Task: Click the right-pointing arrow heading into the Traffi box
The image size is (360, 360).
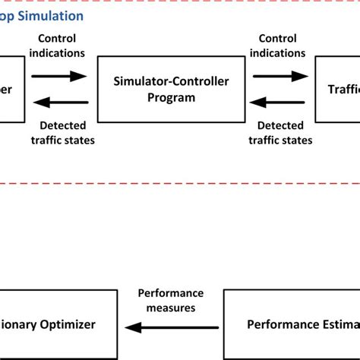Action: [x=281, y=76]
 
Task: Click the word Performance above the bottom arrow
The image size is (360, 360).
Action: [x=171, y=292]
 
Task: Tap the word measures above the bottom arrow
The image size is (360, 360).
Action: [x=171, y=308]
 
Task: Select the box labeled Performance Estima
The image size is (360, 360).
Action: [x=292, y=324]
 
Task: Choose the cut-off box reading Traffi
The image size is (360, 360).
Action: [x=338, y=90]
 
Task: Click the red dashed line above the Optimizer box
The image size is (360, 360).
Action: [x=180, y=182]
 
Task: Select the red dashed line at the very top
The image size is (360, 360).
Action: [x=180, y=2]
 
